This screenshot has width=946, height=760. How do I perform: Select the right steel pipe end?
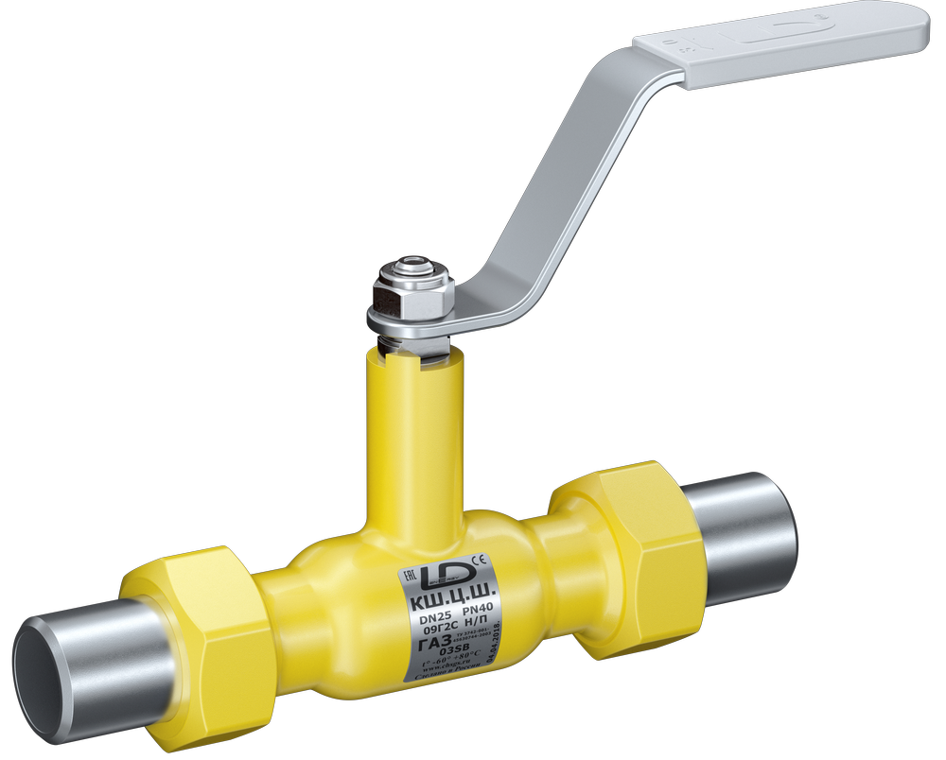(x=743, y=534)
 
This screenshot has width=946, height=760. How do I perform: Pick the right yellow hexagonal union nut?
(x=629, y=558)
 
